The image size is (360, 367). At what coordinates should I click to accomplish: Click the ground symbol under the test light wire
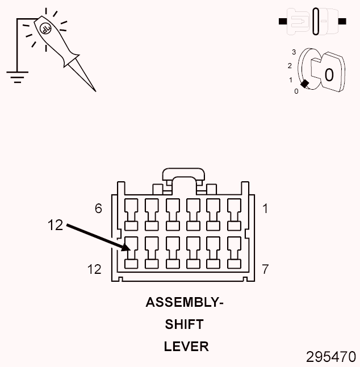coord(18,76)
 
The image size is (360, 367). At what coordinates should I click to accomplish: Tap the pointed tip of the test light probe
coord(94,89)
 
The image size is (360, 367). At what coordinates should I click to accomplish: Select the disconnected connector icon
coord(312,22)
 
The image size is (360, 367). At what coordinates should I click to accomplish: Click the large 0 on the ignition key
coord(329,74)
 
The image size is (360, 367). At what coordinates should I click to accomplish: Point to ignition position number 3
coord(294,52)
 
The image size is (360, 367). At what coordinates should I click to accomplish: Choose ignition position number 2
coord(290,65)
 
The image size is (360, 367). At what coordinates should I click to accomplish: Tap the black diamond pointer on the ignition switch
coord(304,84)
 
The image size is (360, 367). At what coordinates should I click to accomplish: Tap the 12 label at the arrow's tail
coord(56,225)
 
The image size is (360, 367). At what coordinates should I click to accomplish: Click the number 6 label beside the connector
coord(98,208)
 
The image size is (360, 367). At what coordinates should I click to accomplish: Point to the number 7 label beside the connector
coord(265,268)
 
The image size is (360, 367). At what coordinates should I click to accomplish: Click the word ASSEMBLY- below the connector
coord(184,302)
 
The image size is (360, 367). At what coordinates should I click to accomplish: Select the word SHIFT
coord(184,324)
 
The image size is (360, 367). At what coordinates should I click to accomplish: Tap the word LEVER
coord(186,346)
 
